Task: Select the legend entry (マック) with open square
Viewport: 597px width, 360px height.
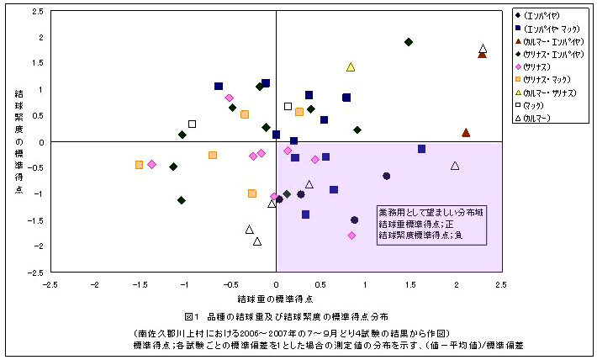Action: pos(535,105)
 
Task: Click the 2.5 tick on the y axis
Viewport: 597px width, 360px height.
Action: pos(36,13)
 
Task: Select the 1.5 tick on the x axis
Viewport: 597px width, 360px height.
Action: pos(409,284)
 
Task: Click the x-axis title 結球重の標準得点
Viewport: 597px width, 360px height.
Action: pos(275,299)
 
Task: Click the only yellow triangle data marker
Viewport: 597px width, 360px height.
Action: pos(351,66)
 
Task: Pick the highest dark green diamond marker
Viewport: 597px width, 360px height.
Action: pos(409,42)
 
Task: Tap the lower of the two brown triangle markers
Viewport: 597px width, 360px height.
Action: pos(466,132)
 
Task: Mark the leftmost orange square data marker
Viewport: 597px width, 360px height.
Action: pos(139,165)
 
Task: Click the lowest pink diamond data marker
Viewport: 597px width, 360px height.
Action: pos(351,236)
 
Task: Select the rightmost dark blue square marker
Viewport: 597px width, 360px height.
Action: pos(421,149)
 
